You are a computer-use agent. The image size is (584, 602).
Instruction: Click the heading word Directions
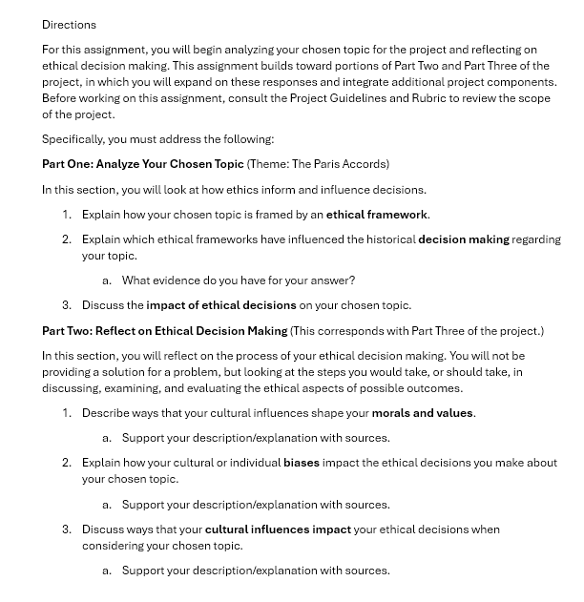point(69,24)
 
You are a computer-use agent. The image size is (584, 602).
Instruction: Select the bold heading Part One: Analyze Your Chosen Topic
point(142,164)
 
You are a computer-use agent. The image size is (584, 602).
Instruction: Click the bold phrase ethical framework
point(377,215)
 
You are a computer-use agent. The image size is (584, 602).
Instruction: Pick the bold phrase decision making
point(463,239)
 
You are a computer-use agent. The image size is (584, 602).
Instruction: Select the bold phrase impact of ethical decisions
point(220,305)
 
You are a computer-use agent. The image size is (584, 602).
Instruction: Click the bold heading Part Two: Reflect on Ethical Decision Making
point(164,331)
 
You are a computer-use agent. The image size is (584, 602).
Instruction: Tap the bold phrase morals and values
point(423,413)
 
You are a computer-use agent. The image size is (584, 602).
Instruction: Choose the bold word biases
point(302,463)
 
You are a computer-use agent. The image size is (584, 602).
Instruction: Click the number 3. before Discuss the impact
point(67,305)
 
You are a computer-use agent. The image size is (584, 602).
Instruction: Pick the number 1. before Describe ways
point(67,413)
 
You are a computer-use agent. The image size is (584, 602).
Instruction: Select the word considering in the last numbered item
point(115,546)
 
